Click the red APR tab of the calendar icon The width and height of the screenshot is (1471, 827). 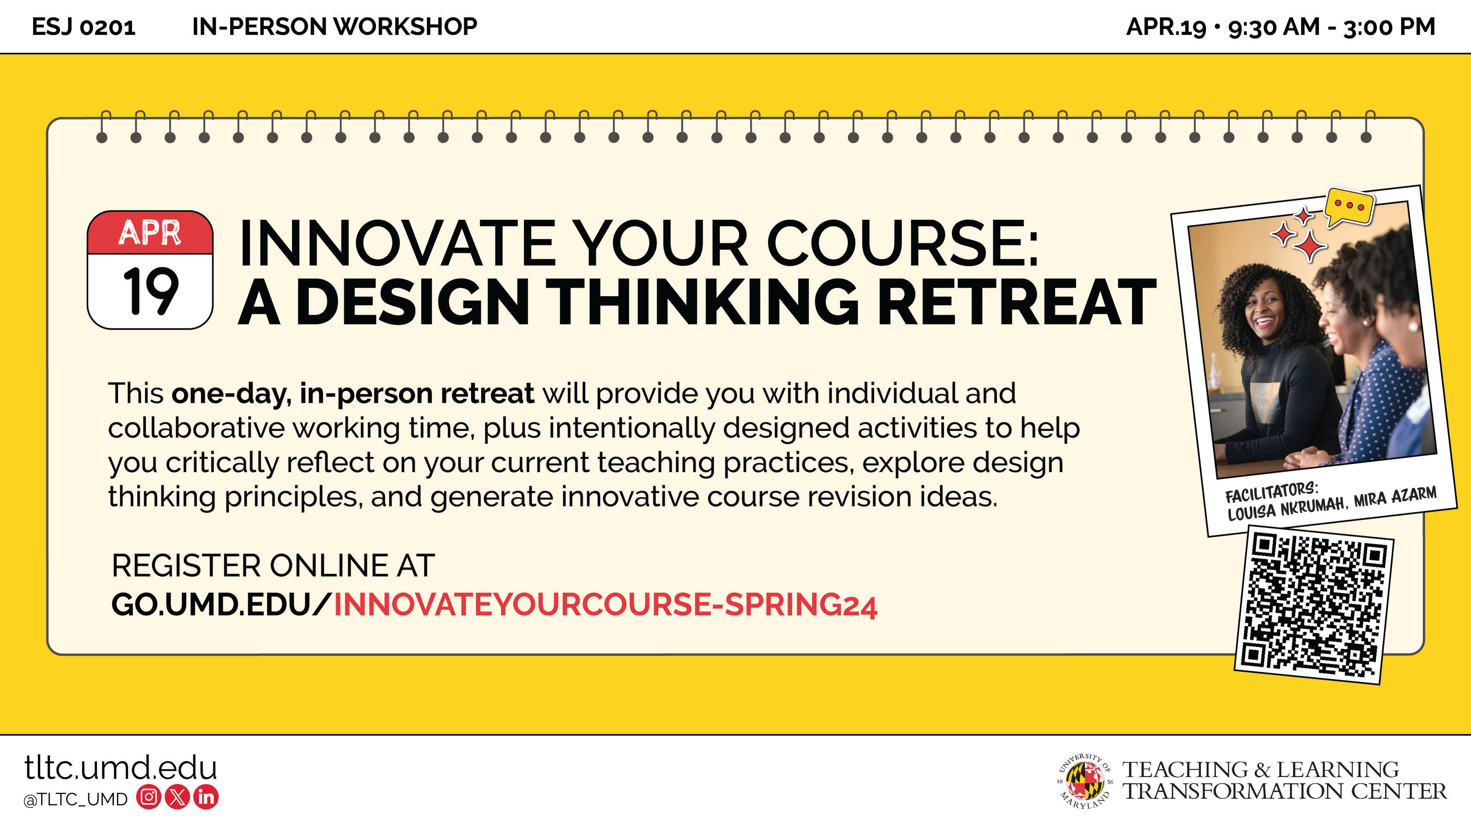(x=150, y=232)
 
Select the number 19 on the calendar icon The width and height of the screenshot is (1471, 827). (x=150, y=291)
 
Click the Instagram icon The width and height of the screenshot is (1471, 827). (x=149, y=797)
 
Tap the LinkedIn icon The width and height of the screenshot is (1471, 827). (x=206, y=797)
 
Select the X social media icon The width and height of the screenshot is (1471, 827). (x=177, y=797)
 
